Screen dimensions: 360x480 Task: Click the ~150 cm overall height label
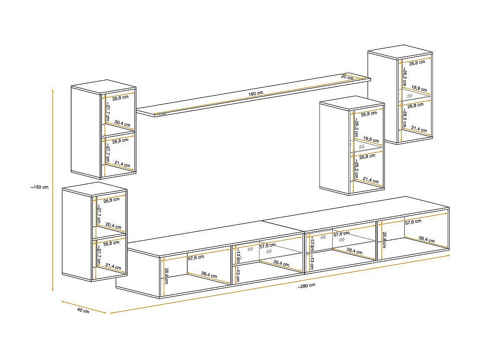(40, 187)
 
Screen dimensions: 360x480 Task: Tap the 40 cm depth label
(83, 311)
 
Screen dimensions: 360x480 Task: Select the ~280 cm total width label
(306, 285)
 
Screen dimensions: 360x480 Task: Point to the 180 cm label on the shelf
(256, 93)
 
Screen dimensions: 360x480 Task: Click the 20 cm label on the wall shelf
(347, 77)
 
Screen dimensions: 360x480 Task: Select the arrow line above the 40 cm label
(84, 306)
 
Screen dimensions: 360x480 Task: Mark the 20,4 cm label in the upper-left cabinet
(122, 124)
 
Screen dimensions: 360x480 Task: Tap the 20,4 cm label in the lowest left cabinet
(113, 226)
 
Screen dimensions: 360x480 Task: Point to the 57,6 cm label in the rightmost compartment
(413, 222)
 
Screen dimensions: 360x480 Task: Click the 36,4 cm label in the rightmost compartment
(427, 240)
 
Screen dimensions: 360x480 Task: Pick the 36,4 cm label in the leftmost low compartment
(209, 275)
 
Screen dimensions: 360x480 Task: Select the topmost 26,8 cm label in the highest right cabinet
(417, 62)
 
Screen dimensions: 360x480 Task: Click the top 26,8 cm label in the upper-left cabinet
(120, 98)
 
